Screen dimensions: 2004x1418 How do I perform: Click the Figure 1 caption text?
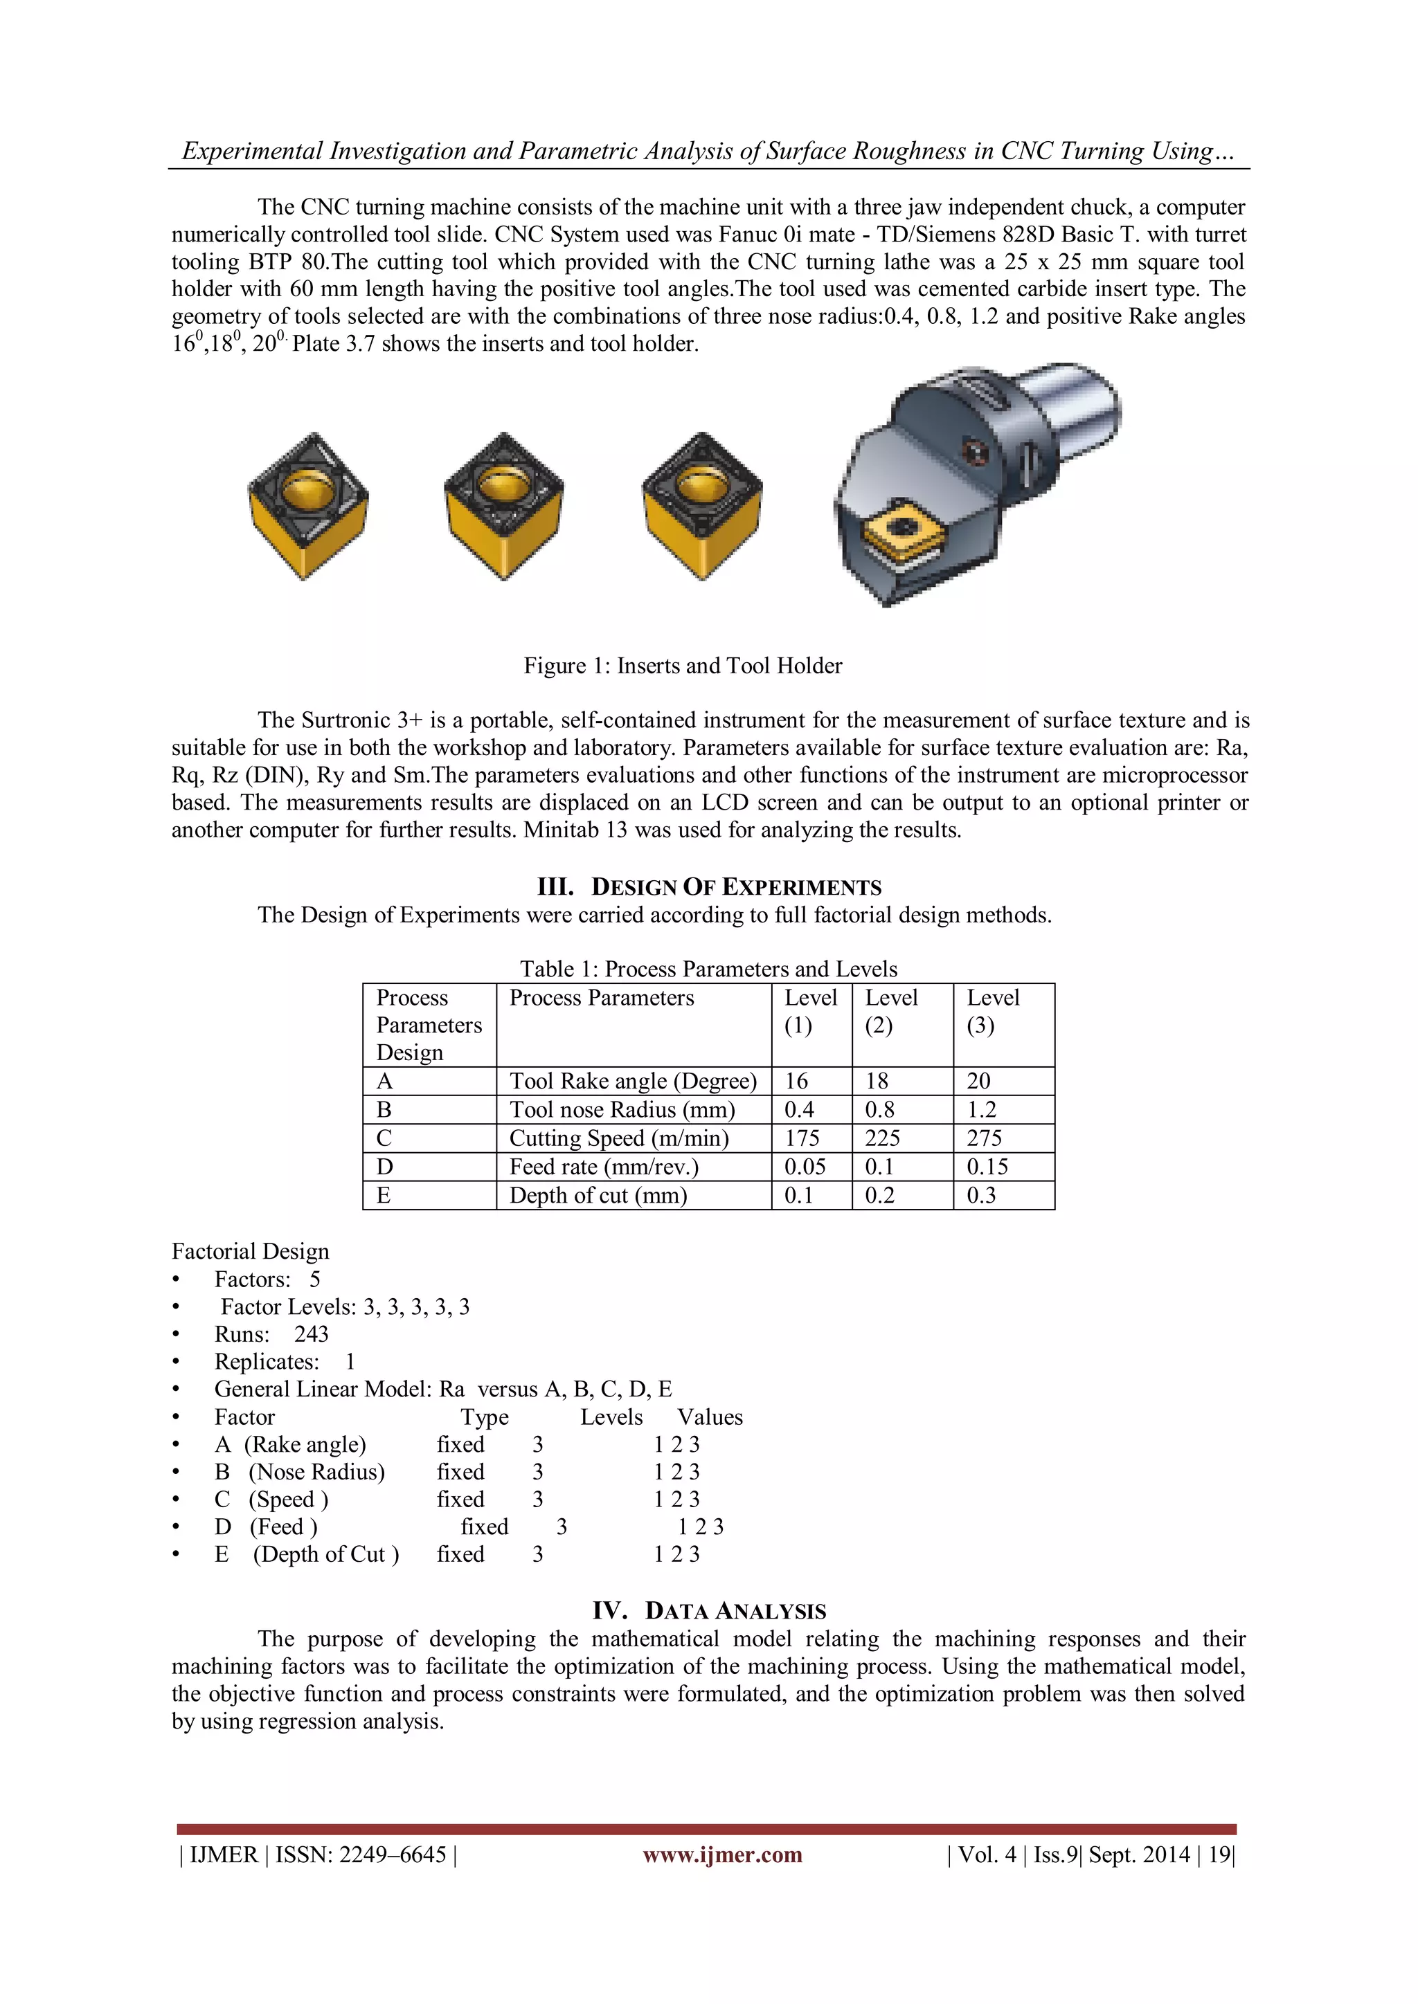coord(682,666)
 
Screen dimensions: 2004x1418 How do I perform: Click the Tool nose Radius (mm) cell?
coord(622,1109)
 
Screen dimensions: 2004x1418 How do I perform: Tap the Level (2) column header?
coord(892,1011)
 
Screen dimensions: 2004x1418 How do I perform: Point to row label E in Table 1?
coord(384,1195)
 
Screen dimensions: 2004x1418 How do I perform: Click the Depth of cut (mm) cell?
coord(598,1195)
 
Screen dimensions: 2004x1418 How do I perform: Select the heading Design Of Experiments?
coord(709,887)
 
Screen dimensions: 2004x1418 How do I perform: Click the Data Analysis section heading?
coord(709,1611)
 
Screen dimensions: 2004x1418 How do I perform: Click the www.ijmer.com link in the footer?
coord(722,1855)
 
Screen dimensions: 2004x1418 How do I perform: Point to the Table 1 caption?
coord(708,969)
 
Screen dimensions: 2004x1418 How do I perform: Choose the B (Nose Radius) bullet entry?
coord(300,1472)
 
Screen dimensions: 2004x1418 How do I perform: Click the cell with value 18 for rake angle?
coord(877,1081)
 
